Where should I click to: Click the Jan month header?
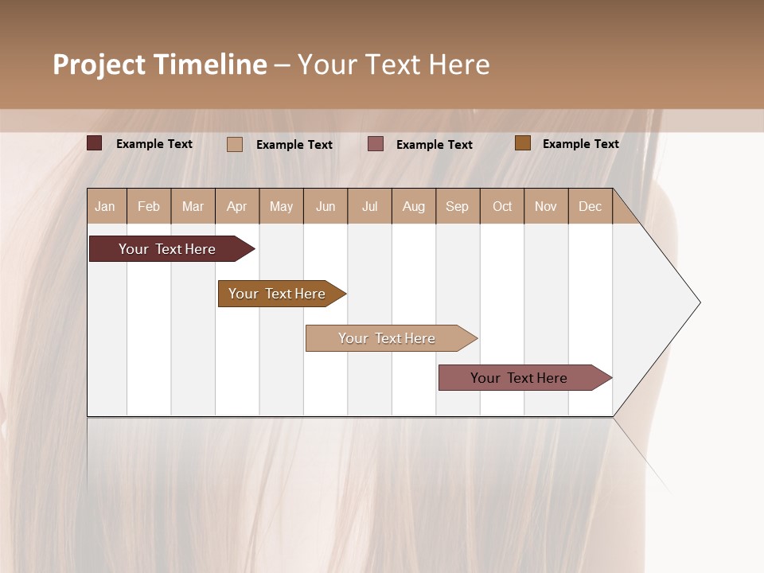(x=106, y=206)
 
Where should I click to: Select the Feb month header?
(x=149, y=206)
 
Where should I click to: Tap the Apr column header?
(x=237, y=206)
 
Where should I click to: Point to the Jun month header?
(x=325, y=206)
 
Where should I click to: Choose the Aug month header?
(x=414, y=206)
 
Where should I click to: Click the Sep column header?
(x=458, y=206)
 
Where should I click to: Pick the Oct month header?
(x=502, y=206)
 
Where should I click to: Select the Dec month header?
(x=591, y=206)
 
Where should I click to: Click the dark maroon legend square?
(x=95, y=143)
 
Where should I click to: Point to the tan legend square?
(x=235, y=144)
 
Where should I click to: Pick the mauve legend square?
(x=376, y=144)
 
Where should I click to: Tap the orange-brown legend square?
(x=523, y=143)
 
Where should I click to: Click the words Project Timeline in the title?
(x=160, y=64)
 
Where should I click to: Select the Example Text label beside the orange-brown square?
(x=581, y=144)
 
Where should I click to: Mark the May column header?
(x=281, y=206)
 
